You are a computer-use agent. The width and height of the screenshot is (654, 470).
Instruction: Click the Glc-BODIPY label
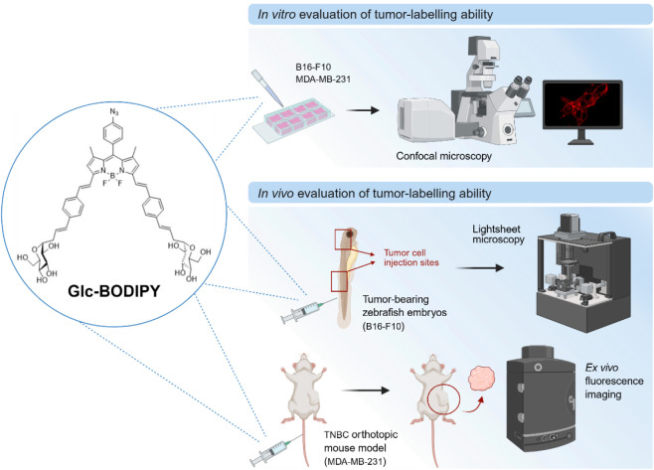(x=114, y=291)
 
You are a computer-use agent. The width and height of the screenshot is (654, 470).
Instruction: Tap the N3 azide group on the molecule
(x=114, y=111)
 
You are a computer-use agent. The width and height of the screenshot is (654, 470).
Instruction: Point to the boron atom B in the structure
(x=112, y=177)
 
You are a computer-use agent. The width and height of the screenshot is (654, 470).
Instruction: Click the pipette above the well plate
(x=267, y=87)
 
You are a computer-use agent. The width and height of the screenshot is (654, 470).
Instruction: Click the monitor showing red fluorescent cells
(x=582, y=111)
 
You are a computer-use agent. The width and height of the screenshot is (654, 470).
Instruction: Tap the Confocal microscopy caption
(x=443, y=156)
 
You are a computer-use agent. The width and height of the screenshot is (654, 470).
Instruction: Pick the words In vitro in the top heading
(x=277, y=15)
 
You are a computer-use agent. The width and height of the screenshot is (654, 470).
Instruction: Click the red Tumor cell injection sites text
(x=411, y=257)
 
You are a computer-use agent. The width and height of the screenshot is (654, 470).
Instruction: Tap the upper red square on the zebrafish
(x=343, y=239)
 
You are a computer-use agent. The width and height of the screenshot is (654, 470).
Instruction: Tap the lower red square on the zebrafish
(x=339, y=281)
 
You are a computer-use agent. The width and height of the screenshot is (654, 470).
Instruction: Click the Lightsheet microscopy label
(x=498, y=235)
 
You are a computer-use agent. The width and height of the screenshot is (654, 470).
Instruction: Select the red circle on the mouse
(x=443, y=399)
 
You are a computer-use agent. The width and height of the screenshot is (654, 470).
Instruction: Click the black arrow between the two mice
(x=366, y=391)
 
